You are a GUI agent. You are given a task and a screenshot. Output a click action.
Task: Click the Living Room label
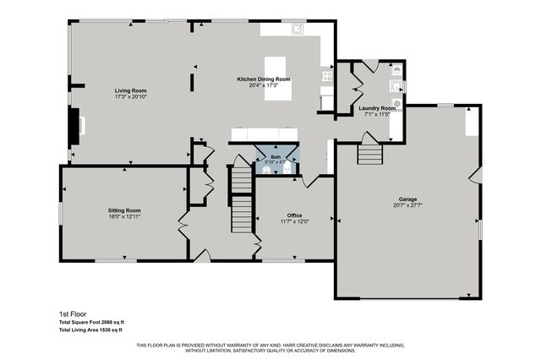tap(131, 90)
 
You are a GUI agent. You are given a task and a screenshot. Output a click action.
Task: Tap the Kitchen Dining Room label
tap(263, 79)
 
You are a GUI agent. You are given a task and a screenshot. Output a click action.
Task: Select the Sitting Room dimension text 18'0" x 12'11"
tap(123, 216)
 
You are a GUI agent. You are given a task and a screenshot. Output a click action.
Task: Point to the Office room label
tap(294, 215)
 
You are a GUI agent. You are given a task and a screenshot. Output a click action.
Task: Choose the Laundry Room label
tap(377, 108)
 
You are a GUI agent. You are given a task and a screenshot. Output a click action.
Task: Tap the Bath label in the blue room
tap(276, 156)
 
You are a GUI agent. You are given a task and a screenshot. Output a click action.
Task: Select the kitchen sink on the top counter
tap(298, 29)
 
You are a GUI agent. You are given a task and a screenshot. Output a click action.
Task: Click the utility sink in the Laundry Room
tap(395, 85)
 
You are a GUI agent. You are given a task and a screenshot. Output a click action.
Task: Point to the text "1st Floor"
tap(71, 313)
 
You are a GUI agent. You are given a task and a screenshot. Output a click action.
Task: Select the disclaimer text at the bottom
tap(270, 347)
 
